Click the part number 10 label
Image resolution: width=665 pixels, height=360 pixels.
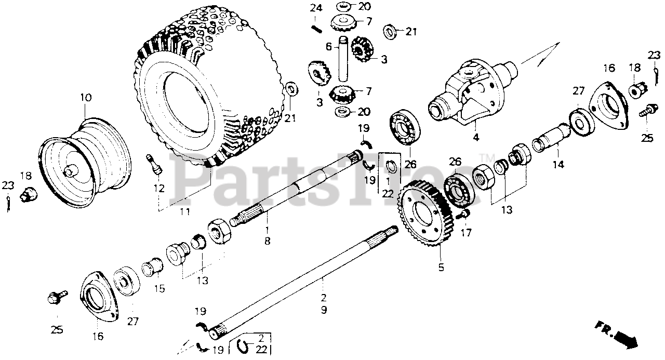coord(85,98)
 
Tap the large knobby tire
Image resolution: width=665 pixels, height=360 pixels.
coord(208,88)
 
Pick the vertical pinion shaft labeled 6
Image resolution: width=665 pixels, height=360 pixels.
coord(343,60)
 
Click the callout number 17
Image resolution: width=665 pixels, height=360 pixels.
coord(465,233)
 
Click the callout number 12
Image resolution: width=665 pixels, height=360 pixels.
coord(158,188)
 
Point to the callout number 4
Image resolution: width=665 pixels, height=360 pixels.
coord(476,138)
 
